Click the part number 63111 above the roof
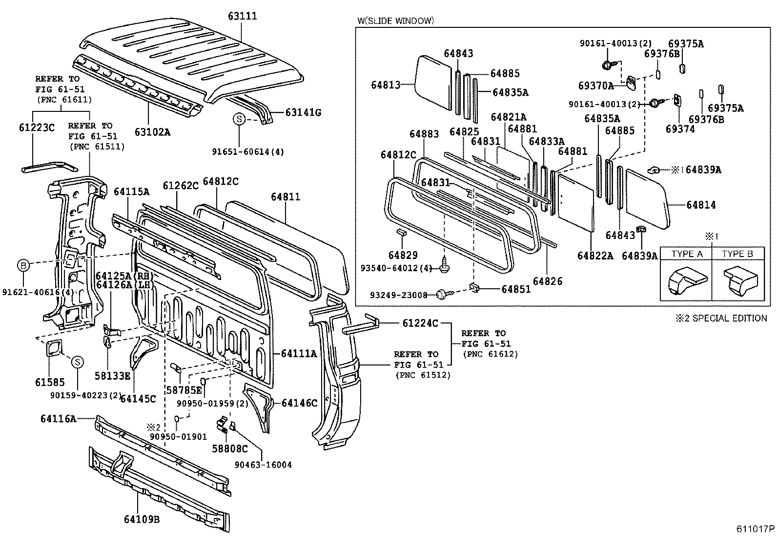pos(242,16)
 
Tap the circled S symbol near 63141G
pos(239,119)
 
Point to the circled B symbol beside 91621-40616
pos(23,265)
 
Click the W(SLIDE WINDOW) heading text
pos(395,21)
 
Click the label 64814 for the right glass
pos(701,205)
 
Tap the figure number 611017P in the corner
pos(756,529)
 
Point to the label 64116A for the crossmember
pos(58,418)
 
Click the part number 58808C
pos(229,448)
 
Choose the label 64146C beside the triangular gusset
pos(300,403)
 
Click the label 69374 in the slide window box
pos(680,129)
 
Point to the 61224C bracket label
pos(420,323)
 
